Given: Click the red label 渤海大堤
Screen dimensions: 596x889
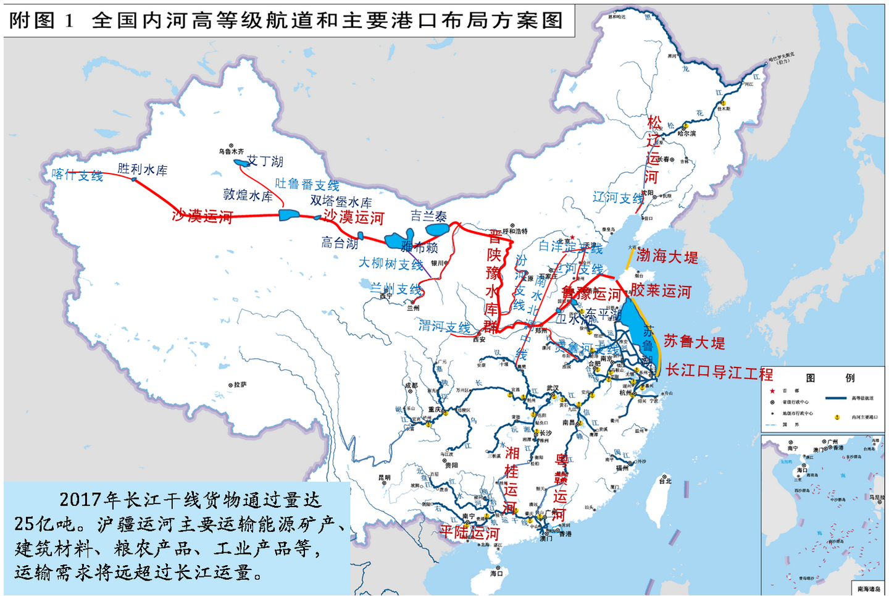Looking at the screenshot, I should tap(667, 256).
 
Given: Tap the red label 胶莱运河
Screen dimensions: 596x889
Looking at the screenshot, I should tap(661, 291).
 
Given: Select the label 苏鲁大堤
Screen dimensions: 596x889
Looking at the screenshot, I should tap(694, 342).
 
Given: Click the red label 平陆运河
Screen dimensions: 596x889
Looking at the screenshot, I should tap(469, 532).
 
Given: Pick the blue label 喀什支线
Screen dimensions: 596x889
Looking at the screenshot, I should tap(77, 175).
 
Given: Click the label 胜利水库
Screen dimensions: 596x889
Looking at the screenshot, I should tap(143, 169).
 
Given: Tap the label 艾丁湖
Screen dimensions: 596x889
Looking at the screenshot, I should tap(265, 161).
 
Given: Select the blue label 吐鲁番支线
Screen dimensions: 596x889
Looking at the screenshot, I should tap(307, 184).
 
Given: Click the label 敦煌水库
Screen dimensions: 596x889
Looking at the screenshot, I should tap(248, 195).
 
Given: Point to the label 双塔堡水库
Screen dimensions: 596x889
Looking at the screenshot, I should tap(341, 201).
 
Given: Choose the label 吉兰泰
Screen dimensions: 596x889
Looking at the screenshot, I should tap(428, 216).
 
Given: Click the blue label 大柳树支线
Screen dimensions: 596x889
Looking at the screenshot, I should tap(391, 264).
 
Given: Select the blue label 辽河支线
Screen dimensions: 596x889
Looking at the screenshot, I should tap(618, 198).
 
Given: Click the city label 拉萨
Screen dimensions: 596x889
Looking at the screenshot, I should tap(240, 384).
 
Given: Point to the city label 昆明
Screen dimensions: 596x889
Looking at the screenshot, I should tap(384, 477).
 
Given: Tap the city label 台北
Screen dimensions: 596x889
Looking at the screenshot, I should tap(665, 481).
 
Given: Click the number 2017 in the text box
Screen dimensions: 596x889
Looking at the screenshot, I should tap(80, 499).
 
